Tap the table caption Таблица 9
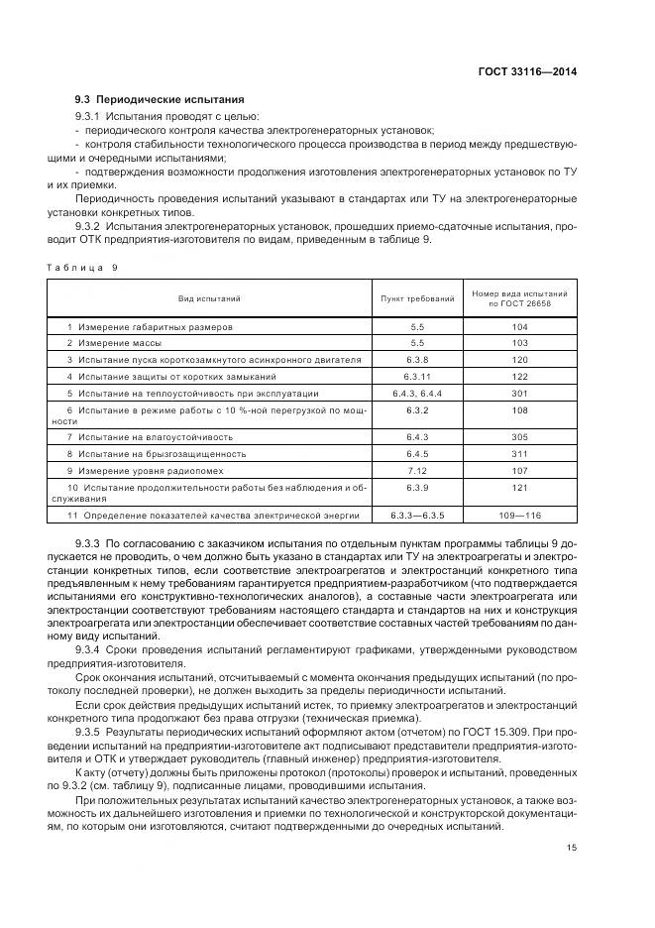coord(82,267)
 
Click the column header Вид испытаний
coord(209,298)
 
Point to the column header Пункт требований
coord(417,298)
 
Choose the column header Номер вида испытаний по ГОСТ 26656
coord(518,298)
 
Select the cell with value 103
coord(518,342)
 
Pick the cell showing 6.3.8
coord(417,359)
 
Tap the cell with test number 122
coord(518,376)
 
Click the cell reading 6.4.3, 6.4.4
coord(417,393)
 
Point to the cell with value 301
coord(518,393)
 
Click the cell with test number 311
coord(518,453)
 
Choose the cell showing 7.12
coord(417,470)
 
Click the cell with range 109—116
coord(518,515)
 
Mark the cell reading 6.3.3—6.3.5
coord(417,515)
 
